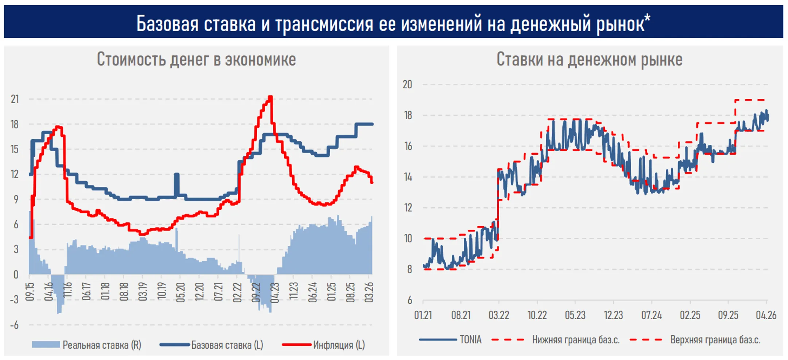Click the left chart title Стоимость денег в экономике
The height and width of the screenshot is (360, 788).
click(196, 59)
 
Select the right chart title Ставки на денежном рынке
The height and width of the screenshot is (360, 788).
click(589, 59)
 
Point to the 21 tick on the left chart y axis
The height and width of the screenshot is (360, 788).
click(15, 99)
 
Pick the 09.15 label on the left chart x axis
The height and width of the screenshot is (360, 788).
click(30, 291)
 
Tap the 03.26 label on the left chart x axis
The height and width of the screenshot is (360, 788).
click(369, 291)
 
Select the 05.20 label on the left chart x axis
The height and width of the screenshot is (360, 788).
click(181, 291)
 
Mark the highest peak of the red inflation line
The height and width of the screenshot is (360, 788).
click(270, 97)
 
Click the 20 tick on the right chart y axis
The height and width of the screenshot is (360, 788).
click(407, 84)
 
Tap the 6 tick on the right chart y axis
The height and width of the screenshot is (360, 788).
click(410, 300)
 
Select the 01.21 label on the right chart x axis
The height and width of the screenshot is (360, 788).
click(423, 315)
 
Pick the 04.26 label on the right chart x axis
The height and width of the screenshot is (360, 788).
click(766, 315)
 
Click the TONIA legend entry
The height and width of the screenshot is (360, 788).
click(470, 340)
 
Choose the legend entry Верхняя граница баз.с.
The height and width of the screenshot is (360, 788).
click(715, 340)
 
